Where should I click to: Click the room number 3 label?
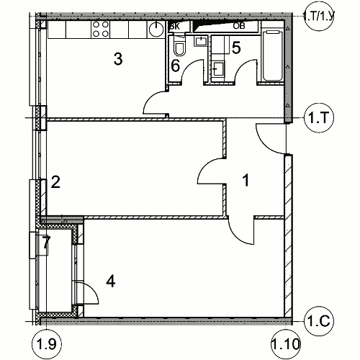tap(118, 59)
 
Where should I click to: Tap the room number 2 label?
tap(55, 182)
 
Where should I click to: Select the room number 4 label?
tap(111, 281)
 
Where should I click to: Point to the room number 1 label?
tap(246, 180)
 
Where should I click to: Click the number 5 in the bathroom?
tap(236, 48)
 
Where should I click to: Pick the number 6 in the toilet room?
tap(176, 66)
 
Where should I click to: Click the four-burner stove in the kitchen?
tap(100, 29)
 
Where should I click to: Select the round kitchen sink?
tap(156, 30)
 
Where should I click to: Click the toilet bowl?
tap(179, 46)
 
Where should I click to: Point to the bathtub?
tap(273, 55)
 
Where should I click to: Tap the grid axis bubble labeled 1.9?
tap(47, 344)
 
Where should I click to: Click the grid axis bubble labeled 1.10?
tap(286, 344)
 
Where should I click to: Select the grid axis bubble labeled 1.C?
tap(319, 321)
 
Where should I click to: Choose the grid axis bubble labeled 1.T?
tap(319, 117)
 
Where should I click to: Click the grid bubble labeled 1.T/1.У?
tap(319, 16)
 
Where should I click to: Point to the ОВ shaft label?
tap(239, 26)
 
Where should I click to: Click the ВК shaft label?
tap(175, 27)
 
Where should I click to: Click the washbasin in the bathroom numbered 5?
tap(219, 68)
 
